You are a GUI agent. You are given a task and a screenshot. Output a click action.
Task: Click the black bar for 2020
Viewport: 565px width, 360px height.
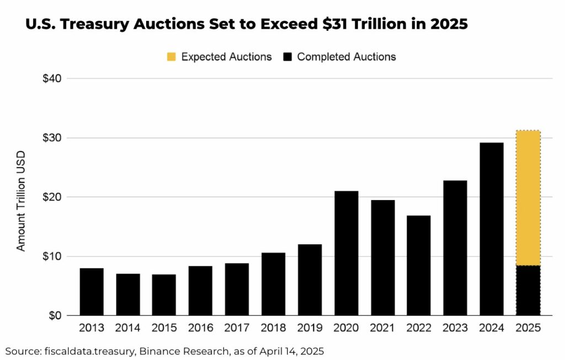coord(346,253)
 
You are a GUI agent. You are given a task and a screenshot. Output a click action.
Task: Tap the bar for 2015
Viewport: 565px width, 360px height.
coord(164,295)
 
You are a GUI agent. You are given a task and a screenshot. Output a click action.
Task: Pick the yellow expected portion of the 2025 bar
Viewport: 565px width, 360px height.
coord(528,198)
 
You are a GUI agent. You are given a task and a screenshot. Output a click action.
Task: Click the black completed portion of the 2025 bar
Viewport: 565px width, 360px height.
coord(528,291)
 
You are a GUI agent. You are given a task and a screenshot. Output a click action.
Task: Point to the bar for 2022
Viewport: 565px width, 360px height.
coord(418,265)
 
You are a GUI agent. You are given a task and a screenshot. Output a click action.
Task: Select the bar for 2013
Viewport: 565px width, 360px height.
coord(92,292)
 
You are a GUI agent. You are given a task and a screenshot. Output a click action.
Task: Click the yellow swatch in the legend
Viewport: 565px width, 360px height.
coord(172,57)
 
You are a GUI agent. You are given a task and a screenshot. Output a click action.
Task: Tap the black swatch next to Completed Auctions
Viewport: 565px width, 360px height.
coord(287,57)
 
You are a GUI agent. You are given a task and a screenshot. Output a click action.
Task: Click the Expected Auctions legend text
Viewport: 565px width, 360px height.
coord(226,57)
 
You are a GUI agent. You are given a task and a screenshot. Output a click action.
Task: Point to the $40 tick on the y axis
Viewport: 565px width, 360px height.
coord(55,78)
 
